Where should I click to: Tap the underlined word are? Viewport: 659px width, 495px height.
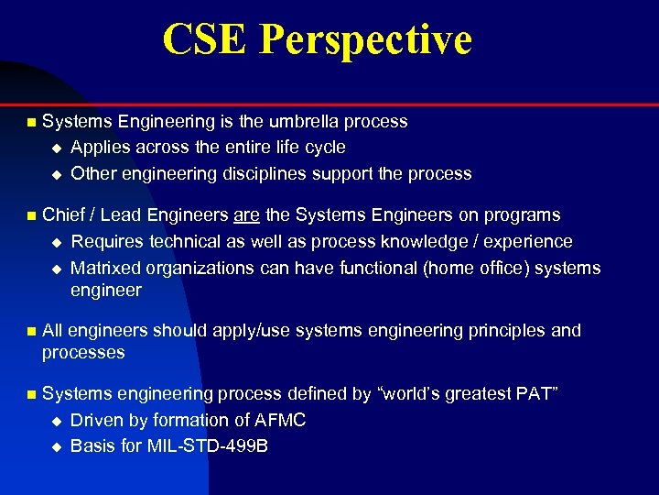[247, 215]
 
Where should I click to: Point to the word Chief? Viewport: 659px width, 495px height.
[63, 215]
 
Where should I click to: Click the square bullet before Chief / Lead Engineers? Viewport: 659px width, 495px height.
[30, 216]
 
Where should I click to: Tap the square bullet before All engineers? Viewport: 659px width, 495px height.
[30, 331]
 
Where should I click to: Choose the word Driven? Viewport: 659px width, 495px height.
[94, 420]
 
